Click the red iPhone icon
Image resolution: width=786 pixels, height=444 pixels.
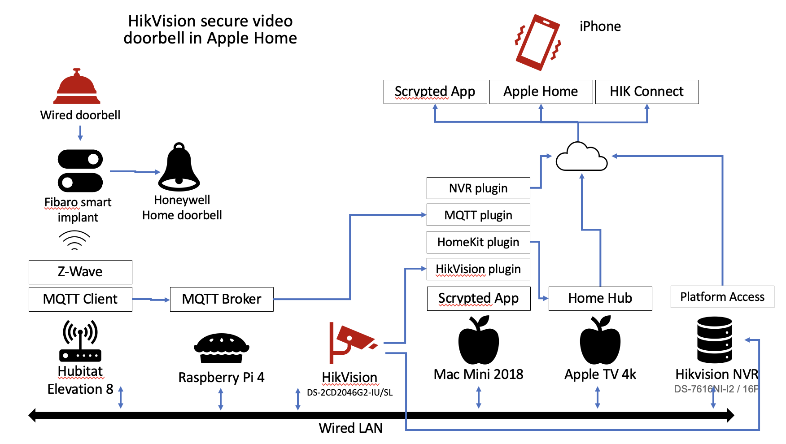(x=538, y=42)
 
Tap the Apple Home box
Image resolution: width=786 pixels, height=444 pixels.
(x=541, y=92)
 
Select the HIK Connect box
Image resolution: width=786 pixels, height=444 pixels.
(x=646, y=92)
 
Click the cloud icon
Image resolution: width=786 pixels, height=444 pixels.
(x=581, y=157)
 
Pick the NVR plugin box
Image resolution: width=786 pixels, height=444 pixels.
(x=478, y=188)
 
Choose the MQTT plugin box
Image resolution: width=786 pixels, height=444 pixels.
(x=478, y=215)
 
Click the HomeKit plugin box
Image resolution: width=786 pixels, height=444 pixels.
(x=478, y=242)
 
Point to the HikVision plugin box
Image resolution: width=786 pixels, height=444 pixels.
(x=478, y=269)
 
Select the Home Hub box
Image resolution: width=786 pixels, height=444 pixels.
(x=600, y=298)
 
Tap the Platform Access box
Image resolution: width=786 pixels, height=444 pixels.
(x=722, y=297)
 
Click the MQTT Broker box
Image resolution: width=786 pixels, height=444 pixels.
(x=222, y=299)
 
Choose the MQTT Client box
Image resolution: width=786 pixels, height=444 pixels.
(x=80, y=299)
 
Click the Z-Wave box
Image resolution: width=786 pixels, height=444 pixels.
(x=80, y=272)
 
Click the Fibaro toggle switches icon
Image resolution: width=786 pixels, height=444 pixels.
(x=80, y=170)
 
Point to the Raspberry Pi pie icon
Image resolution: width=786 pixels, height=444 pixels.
(x=222, y=348)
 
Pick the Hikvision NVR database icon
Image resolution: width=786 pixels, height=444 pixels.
(x=714, y=340)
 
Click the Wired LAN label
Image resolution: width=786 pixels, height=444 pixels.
(x=350, y=428)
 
